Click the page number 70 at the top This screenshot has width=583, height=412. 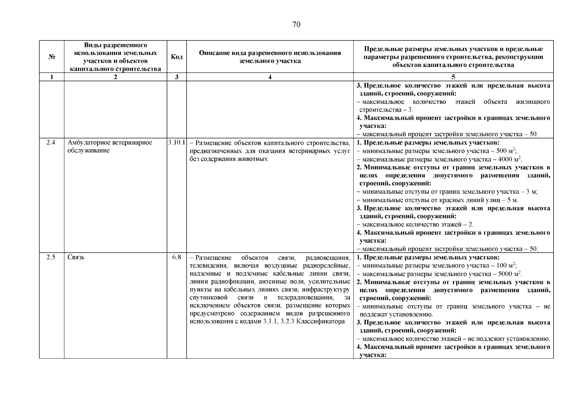click(296, 24)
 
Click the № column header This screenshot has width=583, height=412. click(52, 57)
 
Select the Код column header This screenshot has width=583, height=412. click(177, 57)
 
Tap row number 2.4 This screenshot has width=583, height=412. click(51, 142)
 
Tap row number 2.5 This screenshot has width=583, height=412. click(51, 257)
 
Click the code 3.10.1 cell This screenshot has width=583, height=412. click(177, 142)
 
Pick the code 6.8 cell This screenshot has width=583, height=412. click(177, 257)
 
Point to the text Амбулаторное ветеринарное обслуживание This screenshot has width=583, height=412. click(110, 147)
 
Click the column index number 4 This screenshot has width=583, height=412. click(270, 77)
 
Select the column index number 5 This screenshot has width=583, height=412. click(453, 77)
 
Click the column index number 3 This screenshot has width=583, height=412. click(177, 77)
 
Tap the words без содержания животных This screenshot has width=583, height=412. click(228, 159)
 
